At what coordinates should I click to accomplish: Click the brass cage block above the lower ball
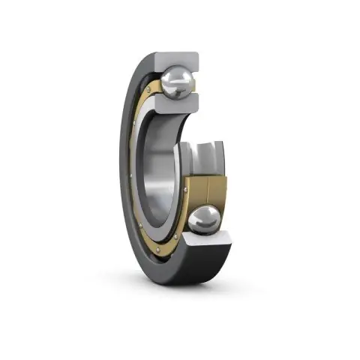point(207,189)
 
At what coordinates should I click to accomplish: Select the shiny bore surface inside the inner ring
point(161,165)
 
